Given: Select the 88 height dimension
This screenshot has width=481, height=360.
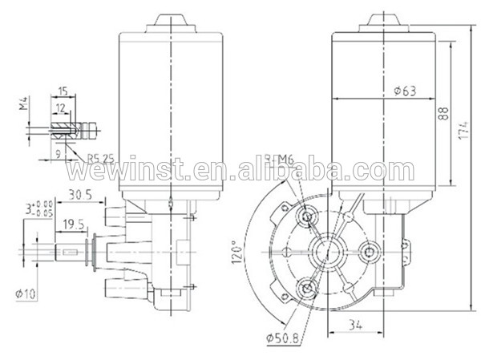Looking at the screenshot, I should pyautogui.click(x=443, y=114).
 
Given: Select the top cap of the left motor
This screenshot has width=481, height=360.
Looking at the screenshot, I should pyautogui.click(x=172, y=19).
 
